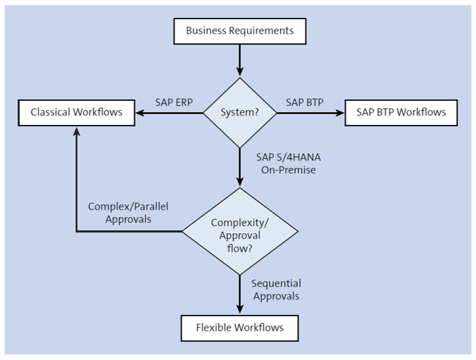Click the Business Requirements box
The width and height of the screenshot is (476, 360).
[x=240, y=31]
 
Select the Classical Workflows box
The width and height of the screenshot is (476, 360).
[x=76, y=113]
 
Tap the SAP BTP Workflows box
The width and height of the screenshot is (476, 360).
[x=401, y=113]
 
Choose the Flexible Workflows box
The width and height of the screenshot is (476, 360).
[x=240, y=328]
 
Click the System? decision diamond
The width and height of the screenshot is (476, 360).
[x=240, y=113]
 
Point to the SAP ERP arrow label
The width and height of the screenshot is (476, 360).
[x=174, y=102]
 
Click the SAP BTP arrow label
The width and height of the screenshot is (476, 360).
[x=305, y=102]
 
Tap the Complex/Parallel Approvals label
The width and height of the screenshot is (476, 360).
[x=132, y=213]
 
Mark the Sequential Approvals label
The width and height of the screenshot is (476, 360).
[x=276, y=289]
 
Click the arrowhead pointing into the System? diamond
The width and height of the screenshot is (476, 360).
[x=240, y=72]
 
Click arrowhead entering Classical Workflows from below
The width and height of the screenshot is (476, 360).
[x=76, y=131]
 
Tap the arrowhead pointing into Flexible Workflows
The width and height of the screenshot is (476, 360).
[x=240, y=310]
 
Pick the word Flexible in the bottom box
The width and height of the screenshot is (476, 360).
[x=214, y=328]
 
